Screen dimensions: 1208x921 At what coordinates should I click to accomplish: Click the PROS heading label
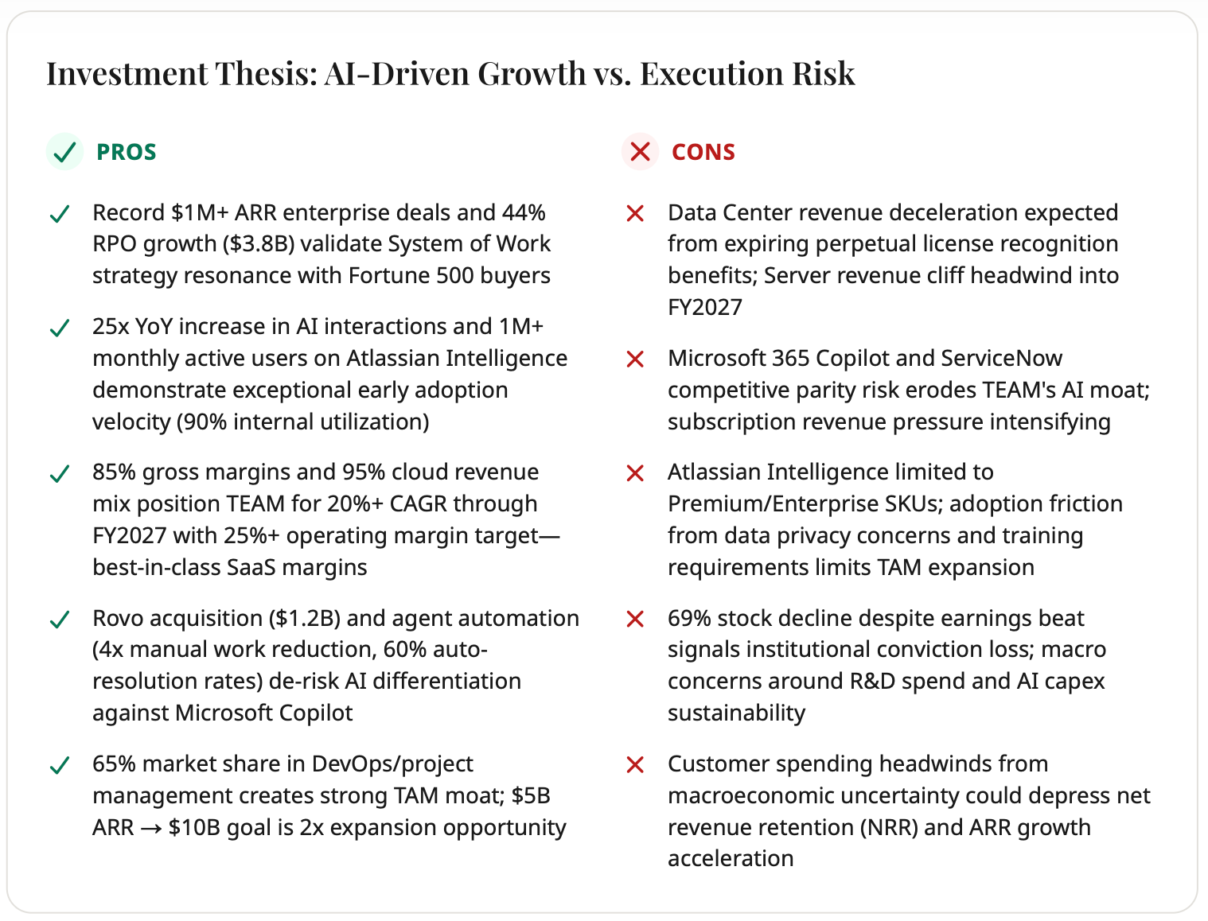coord(126,152)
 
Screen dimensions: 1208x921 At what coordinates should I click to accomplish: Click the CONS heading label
coord(703,152)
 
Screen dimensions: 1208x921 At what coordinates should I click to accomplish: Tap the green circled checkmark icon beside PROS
coord(64,152)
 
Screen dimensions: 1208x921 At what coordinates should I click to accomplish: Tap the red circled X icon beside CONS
coord(640,152)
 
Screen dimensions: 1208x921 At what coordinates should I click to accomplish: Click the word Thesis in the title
coord(266,73)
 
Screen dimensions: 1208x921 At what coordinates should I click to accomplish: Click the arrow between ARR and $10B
coord(151,829)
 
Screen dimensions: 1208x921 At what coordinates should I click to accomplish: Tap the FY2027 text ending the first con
coord(705,307)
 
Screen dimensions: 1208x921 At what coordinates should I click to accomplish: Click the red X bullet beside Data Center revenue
coord(635,213)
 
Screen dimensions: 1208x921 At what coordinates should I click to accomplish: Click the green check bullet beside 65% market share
coord(60,765)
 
